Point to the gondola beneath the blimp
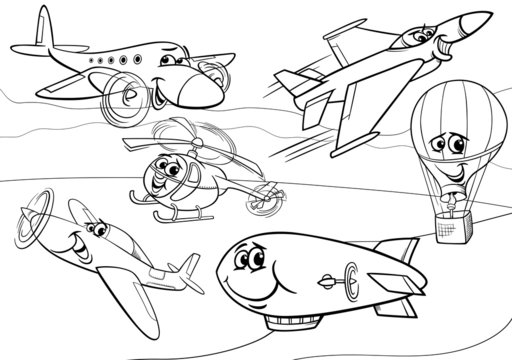(x=300, y=323)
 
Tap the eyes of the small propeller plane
(x=96, y=229)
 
